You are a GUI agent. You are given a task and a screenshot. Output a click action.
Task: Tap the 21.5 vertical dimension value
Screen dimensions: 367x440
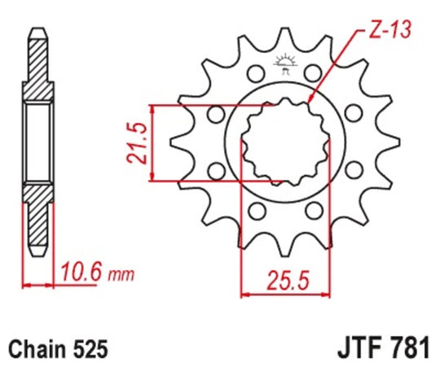coord(141,143)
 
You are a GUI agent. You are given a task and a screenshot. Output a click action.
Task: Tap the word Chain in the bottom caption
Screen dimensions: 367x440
coord(38,347)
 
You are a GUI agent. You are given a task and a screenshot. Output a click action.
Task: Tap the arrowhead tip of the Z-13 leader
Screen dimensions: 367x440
coord(313,103)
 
